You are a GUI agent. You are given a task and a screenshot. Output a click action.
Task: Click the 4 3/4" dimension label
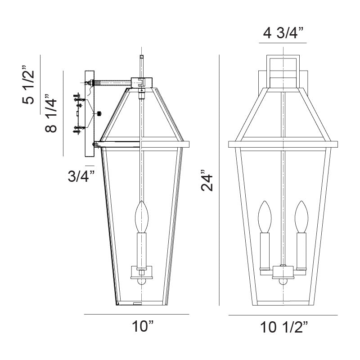tap(283, 33)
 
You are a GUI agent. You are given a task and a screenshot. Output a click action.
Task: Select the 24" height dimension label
tap(207, 180)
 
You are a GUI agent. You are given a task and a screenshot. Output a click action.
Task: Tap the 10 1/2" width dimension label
tap(283, 327)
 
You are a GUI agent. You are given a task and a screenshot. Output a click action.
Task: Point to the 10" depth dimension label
tap(143, 326)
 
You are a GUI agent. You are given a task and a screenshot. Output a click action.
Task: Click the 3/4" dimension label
tap(81, 176)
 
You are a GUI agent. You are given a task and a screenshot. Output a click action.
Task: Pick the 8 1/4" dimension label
tap(51, 113)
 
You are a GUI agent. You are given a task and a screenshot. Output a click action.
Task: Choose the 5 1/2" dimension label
tap(28, 85)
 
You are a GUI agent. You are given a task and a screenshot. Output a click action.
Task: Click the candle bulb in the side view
tap(141, 217)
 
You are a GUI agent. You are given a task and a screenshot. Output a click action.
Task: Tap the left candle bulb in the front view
tap(265, 217)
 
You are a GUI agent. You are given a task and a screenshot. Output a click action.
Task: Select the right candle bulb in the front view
tap(301, 217)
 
